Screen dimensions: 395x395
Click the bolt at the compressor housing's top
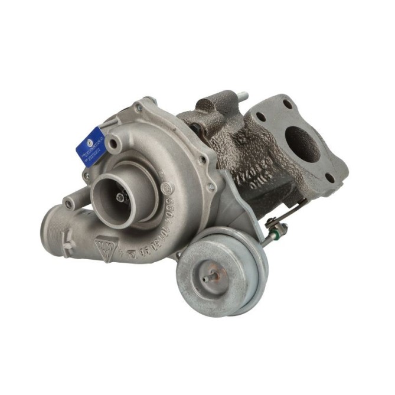pyautogui.click(x=138, y=108)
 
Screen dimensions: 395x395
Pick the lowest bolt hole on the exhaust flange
pyautogui.click(x=329, y=177)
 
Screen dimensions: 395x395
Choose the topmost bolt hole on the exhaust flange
pyautogui.click(x=288, y=104)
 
